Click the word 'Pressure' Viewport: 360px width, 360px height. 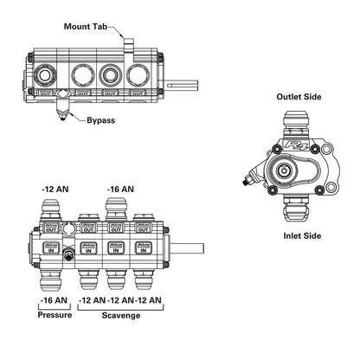point(55,316)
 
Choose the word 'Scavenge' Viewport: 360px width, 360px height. point(119,316)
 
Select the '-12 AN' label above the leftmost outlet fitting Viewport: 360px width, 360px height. point(56,188)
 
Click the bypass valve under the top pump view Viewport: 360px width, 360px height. point(62,109)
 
